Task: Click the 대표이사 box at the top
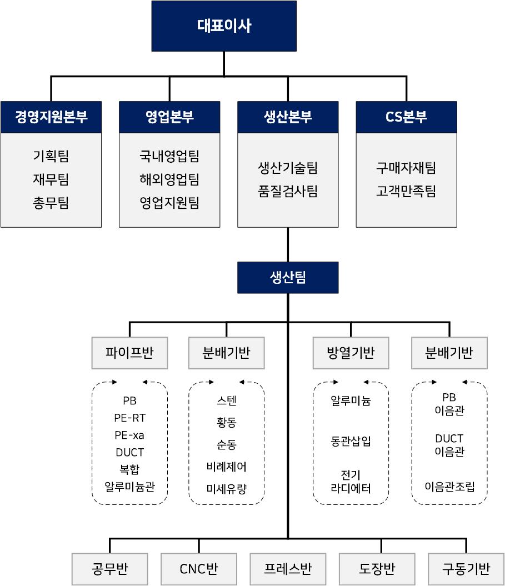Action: [x=224, y=26]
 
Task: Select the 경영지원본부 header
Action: [x=51, y=117]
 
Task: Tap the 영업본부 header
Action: [x=169, y=117]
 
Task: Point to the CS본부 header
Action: [x=406, y=117]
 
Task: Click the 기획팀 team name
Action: [x=51, y=156]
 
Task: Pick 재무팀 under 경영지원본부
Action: [x=51, y=179]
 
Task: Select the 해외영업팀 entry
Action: [x=169, y=179]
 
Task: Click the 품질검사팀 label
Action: [x=288, y=191]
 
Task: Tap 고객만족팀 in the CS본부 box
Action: [x=406, y=191]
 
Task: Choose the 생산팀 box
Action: [x=288, y=277]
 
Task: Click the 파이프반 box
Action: [x=129, y=353]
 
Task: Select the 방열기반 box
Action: [x=351, y=353]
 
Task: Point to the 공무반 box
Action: [x=110, y=569]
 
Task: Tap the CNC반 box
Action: [x=199, y=569]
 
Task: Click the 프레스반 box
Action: [x=288, y=569]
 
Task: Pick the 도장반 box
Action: [x=377, y=569]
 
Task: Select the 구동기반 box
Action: [x=466, y=569]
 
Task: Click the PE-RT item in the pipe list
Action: [x=129, y=418]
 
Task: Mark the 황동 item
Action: [x=227, y=422]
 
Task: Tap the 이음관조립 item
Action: [x=449, y=487]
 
